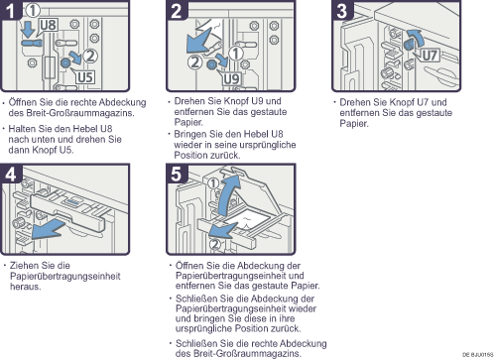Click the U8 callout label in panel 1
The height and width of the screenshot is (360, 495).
click(x=49, y=25)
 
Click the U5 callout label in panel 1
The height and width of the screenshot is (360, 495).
click(x=85, y=77)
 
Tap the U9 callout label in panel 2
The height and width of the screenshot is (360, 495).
click(x=231, y=79)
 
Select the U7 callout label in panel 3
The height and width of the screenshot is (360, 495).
click(x=430, y=55)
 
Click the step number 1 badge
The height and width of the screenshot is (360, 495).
click(x=10, y=10)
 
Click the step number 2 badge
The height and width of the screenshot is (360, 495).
click(x=177, y=10)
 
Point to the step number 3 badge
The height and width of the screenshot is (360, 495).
click(x=342, y=10)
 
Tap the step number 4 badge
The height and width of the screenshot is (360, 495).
click(x=10, y=174)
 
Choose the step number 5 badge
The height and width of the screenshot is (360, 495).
click(x=177, y=174)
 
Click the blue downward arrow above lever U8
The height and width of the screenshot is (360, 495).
click(x=28, y=30)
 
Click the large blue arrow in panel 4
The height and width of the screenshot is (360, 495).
click(x=47, y=229)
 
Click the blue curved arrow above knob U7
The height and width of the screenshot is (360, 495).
click(x=417, y=39)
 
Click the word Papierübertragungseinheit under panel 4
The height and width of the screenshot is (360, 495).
click(x=65, y=276)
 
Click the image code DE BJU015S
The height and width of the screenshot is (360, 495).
click(x=477, y=355)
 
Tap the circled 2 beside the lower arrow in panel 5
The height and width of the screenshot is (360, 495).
click(x=214, y=244)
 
